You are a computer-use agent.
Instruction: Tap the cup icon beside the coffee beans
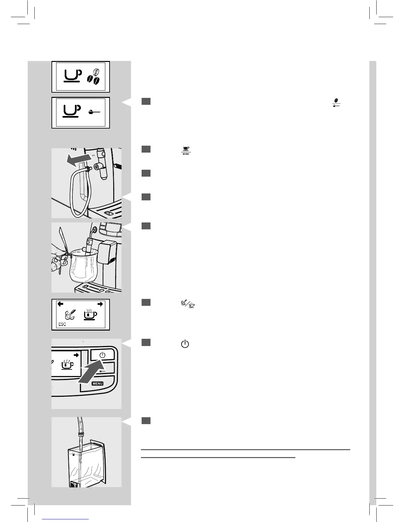72,76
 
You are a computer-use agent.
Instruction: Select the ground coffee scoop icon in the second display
95,112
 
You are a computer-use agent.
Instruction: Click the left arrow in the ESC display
60,304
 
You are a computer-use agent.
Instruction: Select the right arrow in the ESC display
100,304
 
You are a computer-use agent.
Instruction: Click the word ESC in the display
62,324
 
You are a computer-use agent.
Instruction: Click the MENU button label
98,384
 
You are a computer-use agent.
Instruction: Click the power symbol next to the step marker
185,345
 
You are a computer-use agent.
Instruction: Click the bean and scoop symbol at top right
336,102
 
